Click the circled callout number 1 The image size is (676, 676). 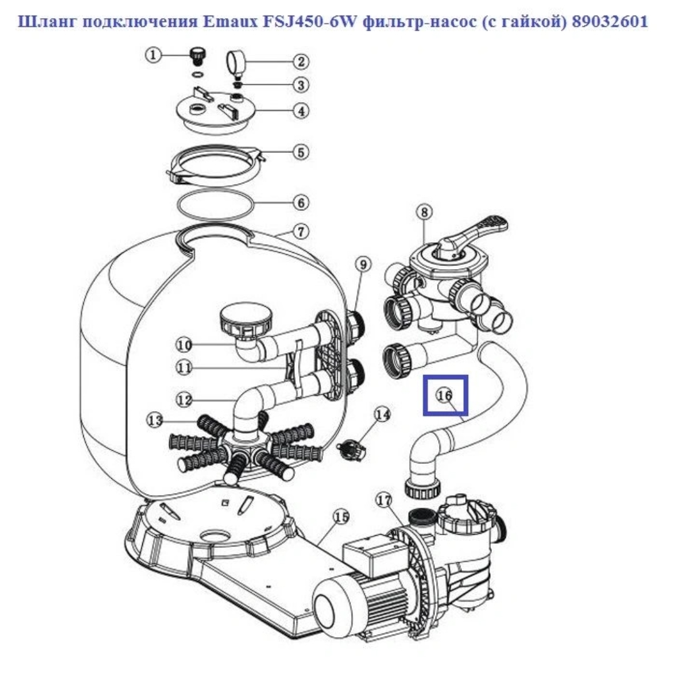point(153,55)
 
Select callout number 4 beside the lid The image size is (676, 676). point(301,111)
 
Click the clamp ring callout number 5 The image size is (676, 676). point(301,152)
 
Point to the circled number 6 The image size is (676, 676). point(301,203)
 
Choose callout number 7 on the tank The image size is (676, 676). point(301,232)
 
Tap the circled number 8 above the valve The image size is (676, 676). point(424,212)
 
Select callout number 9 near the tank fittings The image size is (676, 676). point(363,264)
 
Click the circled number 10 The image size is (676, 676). point(184,345)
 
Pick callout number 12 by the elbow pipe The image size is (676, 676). point(184,400)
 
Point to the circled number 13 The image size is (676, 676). point(155,420)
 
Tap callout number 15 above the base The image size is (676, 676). point(342,516)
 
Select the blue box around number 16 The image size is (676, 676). point(446,395)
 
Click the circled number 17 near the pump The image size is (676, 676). point(384,500)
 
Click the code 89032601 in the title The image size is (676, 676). point(610,21)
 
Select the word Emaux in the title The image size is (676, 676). point(230,21)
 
